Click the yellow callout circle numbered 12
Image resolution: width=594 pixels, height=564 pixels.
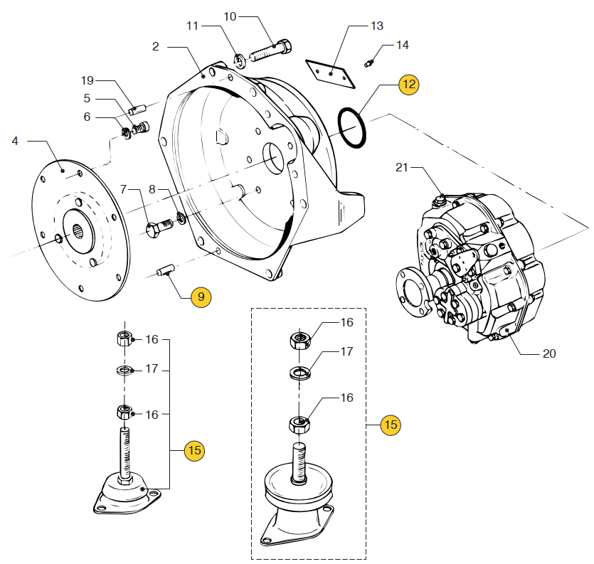click(408, 84)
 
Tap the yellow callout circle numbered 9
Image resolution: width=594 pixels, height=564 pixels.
click(201, 297)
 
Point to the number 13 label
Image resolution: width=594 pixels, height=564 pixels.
click(376, 26)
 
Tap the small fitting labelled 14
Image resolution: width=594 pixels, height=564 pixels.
click(368, 63)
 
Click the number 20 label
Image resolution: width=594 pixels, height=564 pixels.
click(548, 353)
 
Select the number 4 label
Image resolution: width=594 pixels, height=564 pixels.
click(15, 141)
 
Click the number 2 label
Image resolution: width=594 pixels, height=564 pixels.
click(156, 47)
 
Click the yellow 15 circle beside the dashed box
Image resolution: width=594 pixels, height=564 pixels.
click(390, 425)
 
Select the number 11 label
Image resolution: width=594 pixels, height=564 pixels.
click(193, 26)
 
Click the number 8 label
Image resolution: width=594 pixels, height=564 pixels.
click(152, 190)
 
